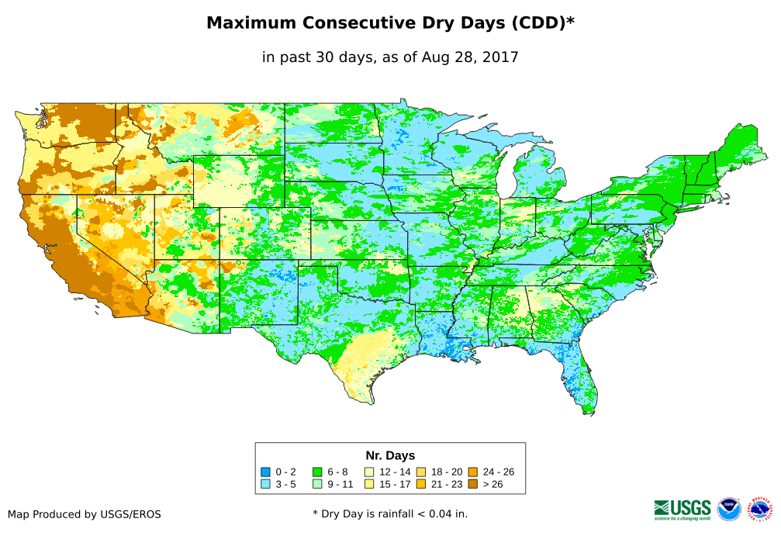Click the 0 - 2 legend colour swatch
(x=265, y=472)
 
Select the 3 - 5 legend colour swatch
(x=265, y=484)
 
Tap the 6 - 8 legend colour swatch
(x=318, y=472)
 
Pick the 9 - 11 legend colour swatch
(x=318, y=484)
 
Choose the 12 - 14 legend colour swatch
(x=369, y=472)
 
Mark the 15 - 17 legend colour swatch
(x=369, y=484)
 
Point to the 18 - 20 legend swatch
(x=421, y=472)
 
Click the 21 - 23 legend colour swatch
(x=421, y=484)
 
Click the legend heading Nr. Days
(x=390, y=455)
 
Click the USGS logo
(x=683, y=509)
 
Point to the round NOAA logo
(x=729, y=509)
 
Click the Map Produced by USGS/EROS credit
(x=85, y=514)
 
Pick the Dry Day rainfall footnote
(x=390, y=514)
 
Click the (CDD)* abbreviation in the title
(x=541, y=23)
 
